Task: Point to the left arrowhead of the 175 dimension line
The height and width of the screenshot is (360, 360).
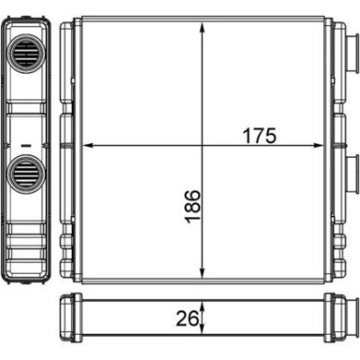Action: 88,146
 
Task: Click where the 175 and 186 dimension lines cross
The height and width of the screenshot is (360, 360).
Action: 202,146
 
